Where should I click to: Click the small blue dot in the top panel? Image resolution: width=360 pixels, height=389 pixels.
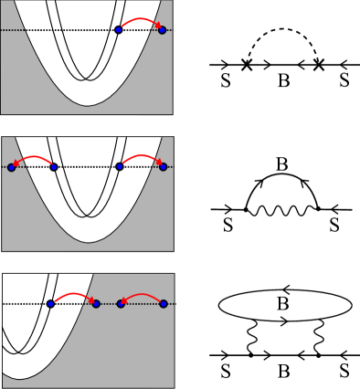click(x=119, y=30)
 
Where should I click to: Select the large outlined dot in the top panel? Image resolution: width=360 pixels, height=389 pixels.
click(x=163, y=30)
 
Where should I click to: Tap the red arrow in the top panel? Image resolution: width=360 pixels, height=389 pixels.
click(x=141, y=20)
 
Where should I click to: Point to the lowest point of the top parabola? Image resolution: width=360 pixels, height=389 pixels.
click(x=88, y=106)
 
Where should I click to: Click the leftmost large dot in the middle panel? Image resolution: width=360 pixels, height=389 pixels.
click(x=11, y=167)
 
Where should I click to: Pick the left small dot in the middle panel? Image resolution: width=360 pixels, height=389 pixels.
click(x=53, y=167)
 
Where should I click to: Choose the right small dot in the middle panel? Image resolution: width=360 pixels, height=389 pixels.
click(x=120, y=167)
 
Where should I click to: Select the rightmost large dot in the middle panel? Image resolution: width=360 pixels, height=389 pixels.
click(x=163, y=167)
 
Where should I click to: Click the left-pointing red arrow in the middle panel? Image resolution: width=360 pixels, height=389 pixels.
click(x=32, y=158)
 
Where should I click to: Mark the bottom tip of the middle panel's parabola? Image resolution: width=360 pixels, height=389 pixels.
click(x=89, y=242)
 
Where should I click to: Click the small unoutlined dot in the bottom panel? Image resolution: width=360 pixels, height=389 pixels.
click(x=51, y=303)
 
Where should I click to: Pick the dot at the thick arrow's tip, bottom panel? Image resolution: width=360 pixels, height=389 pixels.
click(x=96, y=303)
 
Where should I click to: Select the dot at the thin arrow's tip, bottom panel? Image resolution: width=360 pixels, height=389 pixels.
click(x=120, y=303)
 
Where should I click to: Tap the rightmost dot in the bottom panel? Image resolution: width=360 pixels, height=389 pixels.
click(x=163, y=303)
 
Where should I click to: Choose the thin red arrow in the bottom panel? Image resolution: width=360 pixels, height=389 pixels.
click(x=142, y=294)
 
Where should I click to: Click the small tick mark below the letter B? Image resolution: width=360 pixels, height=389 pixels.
click(x=285, y=319)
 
